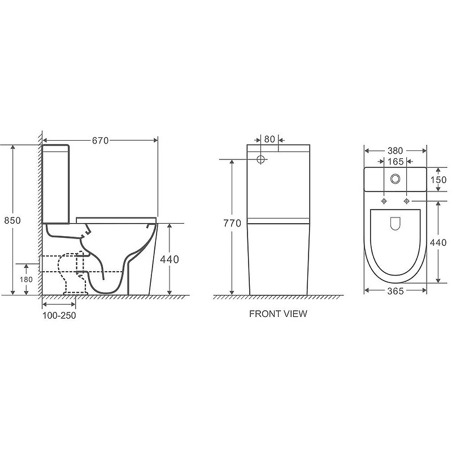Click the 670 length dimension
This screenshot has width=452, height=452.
point(101,141)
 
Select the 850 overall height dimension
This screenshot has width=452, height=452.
point(12,220)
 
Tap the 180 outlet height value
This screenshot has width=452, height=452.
point(26,279)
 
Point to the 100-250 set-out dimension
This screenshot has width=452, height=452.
point(59,315)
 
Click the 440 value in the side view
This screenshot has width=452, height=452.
point(169,259)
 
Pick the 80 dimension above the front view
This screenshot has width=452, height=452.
point(270,139)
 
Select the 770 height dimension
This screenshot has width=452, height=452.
point(232,223)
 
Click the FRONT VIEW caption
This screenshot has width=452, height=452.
point(278,314)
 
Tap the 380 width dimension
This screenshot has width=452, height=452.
point(395,151)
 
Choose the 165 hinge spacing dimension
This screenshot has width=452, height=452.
point(395,162)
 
